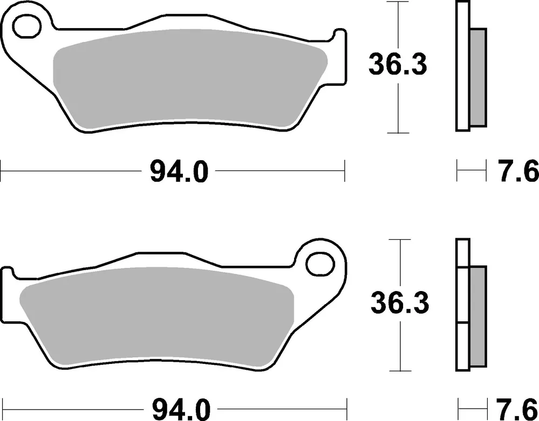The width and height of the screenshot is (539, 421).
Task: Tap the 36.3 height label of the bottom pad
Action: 399,303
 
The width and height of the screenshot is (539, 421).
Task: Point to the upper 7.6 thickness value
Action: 517,172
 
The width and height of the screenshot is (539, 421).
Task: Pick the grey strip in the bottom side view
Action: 477,315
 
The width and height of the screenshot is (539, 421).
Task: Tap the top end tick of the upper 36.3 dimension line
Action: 398,2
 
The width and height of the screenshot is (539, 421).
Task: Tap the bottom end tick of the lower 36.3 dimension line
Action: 399,371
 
